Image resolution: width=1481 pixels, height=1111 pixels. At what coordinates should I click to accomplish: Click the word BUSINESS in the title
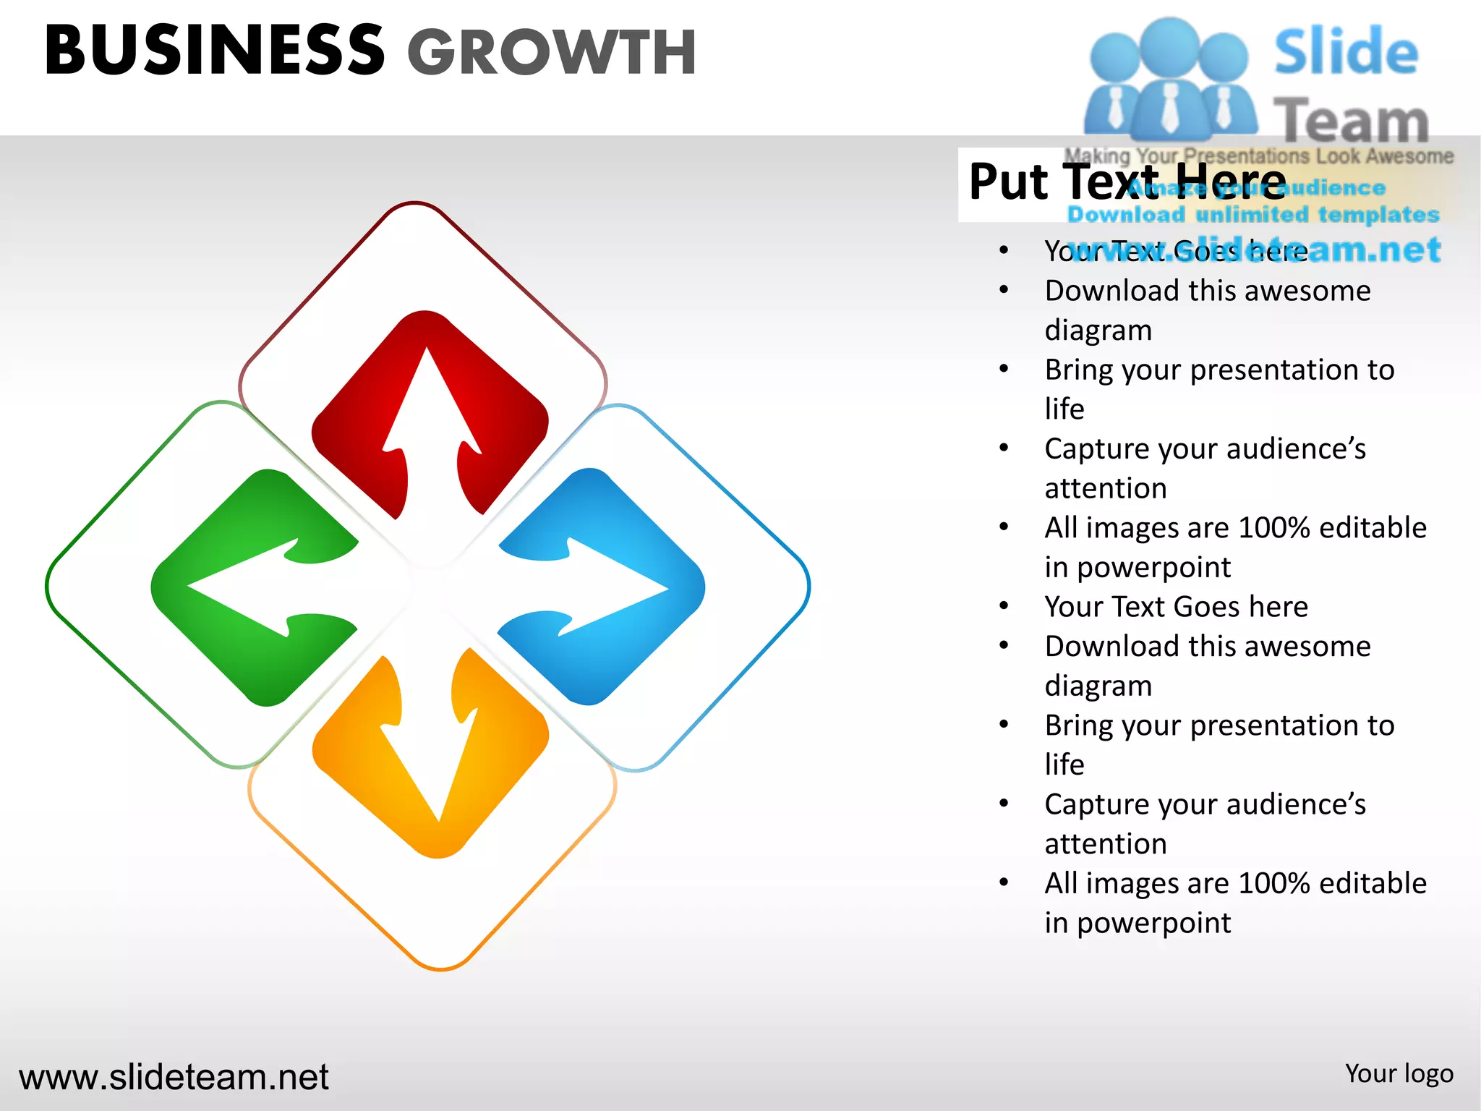[x=215, y=51]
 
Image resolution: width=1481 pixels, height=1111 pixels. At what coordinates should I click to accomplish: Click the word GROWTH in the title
[x=551, y=53]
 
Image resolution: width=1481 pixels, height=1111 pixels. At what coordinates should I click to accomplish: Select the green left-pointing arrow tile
[x=255, y=587]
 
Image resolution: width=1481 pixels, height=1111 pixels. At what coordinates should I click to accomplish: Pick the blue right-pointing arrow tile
[x=602, y=587]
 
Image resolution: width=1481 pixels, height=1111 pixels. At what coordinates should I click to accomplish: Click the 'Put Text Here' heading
[x=1127, y=182]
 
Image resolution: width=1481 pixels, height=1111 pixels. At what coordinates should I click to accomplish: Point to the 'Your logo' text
[x=1399, y=1074]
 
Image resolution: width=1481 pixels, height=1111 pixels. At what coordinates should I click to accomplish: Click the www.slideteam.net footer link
[x=174, y=1077]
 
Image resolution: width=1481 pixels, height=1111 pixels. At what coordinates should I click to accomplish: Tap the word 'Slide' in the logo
[x=1346, y=52]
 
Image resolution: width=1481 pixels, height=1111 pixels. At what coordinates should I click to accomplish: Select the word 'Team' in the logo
[x=1351, y=120]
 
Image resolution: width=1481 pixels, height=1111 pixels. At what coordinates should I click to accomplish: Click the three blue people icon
[x=1169, y=80]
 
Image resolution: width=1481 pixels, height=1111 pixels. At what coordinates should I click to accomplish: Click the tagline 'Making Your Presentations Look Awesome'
[x=1258, y=156]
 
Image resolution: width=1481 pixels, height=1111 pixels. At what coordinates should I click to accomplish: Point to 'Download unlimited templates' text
[x=1253, y=215]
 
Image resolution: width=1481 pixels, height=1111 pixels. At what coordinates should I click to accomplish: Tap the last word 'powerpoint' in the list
[x=1153, y=923]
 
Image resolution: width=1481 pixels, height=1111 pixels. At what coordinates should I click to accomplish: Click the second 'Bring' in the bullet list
[x=1077, y=725]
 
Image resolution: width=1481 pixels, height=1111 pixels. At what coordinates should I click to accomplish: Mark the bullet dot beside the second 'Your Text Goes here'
[x=1004, y=606]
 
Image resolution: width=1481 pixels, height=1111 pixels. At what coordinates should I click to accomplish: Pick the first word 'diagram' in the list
[x=1098, y=331]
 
